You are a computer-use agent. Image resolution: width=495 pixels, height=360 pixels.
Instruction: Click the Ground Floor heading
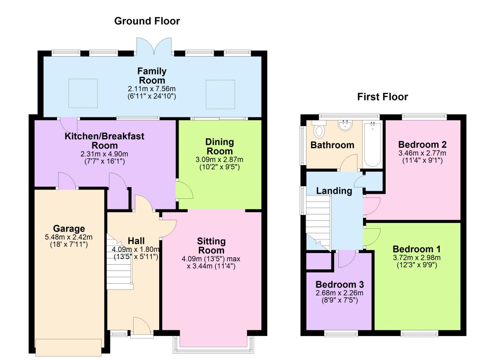(x=147, y=21)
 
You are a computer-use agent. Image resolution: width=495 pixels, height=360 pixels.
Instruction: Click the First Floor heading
(x=382, y=97)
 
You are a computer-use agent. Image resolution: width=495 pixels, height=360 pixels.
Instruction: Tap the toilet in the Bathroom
(x=319, y=131)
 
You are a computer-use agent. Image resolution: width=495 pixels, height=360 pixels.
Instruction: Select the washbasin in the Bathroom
(x=344, y=126)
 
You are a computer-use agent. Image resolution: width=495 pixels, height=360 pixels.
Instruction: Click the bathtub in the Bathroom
(x=373, y=144)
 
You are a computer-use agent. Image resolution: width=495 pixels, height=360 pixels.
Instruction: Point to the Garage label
(x=69, y=228)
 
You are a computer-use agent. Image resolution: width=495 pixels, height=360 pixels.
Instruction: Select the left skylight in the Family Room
(x=83, y=93)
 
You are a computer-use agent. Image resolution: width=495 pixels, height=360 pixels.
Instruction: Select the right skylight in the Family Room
(x=220, y=94)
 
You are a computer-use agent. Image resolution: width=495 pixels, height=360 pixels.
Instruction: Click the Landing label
(x=334, y=191)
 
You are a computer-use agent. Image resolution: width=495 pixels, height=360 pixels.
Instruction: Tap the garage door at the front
(x=68, y=347)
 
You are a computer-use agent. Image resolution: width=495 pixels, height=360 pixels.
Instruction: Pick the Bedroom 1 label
(x=417, y=249)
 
